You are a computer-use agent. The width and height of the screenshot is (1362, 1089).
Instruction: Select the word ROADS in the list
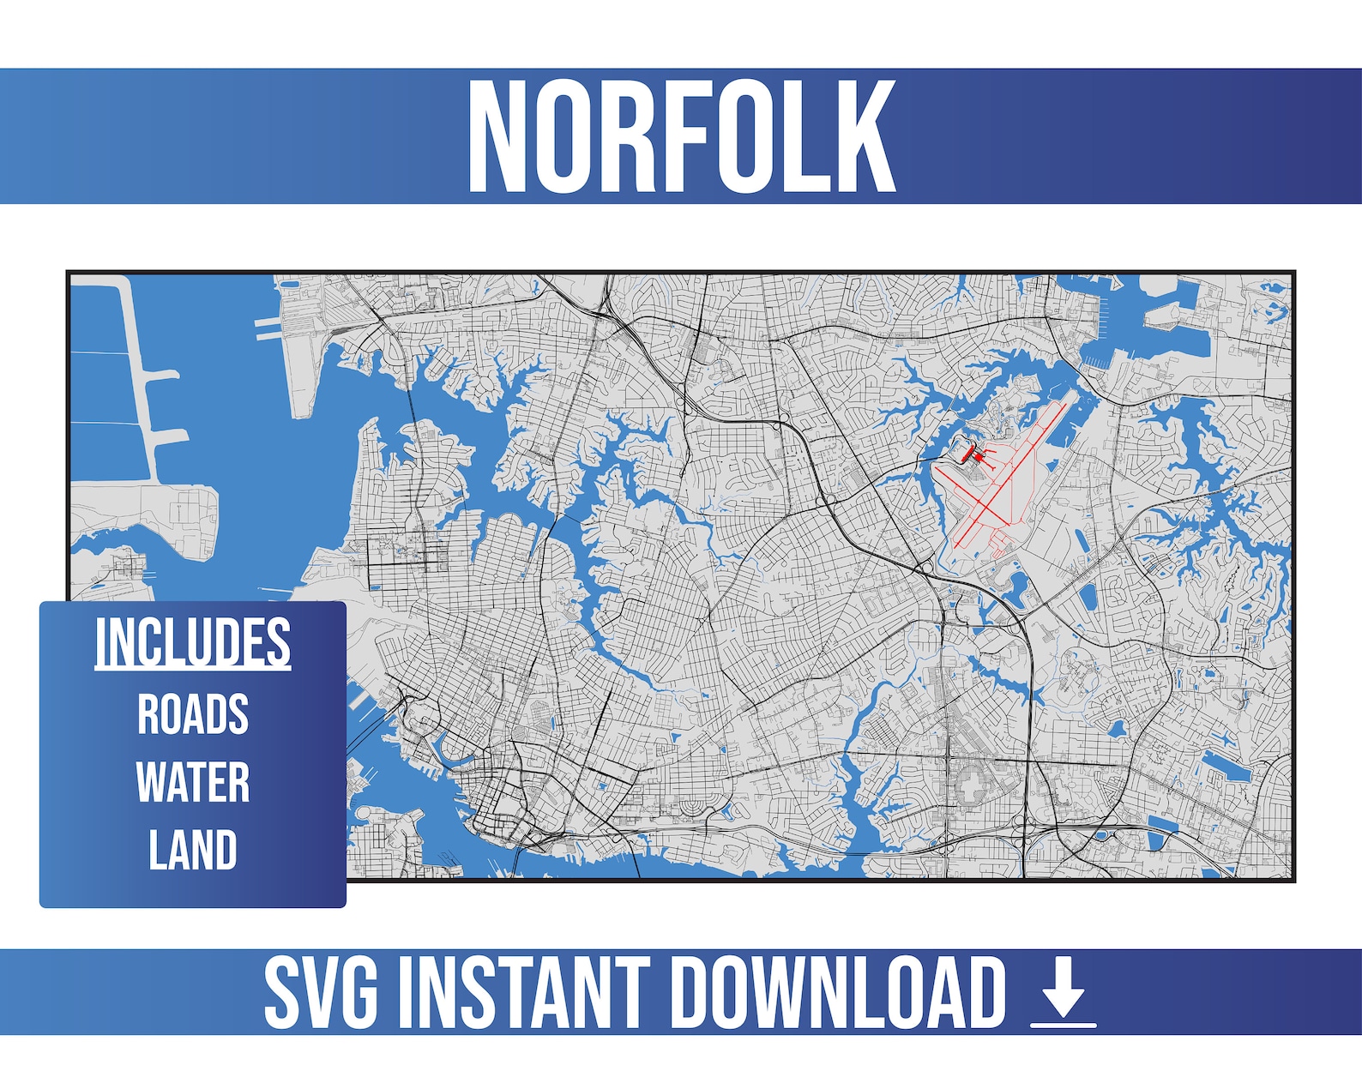[193, 714]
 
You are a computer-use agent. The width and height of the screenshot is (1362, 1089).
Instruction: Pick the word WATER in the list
[193, 782]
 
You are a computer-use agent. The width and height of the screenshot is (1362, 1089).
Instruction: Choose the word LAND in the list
[193, 850]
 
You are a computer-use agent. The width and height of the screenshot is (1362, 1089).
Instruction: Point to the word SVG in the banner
[320, 992]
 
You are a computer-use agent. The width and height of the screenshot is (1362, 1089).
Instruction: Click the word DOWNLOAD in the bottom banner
[837, 992]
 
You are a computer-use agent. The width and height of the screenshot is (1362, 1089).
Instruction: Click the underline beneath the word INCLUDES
[193, 669]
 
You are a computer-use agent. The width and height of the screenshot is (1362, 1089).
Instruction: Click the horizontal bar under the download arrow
[1064, 1023]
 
